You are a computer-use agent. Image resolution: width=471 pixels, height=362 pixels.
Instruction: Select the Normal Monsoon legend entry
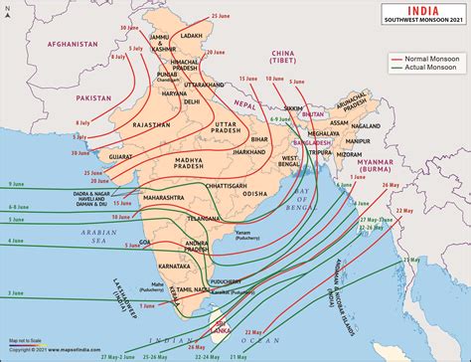(423, 60)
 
